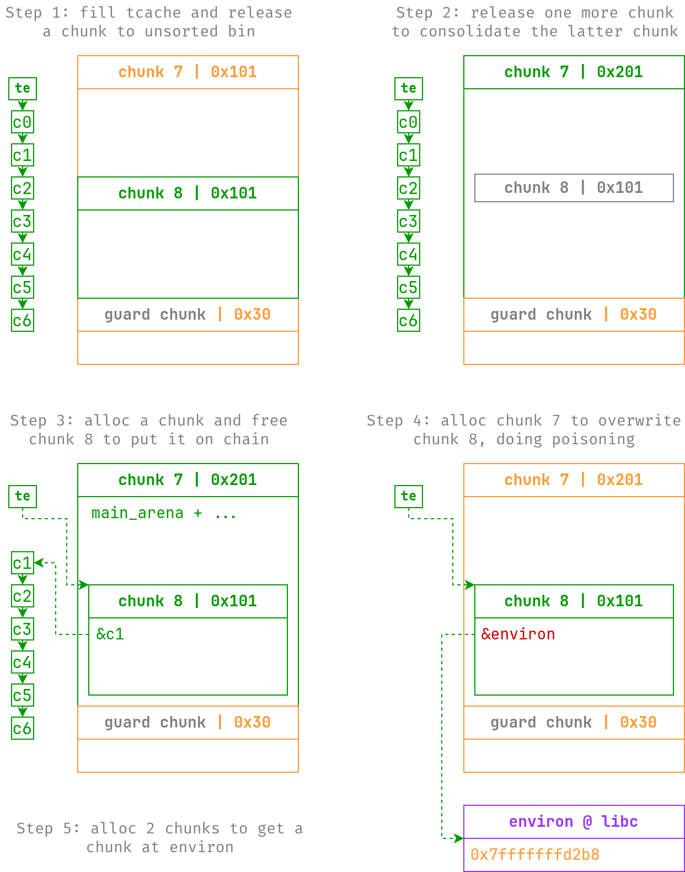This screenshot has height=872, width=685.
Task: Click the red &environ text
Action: point(518,634)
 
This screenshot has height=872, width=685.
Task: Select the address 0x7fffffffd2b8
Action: point(534,854)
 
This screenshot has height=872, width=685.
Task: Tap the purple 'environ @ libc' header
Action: point(574,821)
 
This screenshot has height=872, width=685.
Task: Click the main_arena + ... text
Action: point(164,513)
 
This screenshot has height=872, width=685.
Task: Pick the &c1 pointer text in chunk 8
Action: point(110,634)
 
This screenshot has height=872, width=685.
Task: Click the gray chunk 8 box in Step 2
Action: point(574,188)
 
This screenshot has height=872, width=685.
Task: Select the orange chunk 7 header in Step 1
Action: point(188,72)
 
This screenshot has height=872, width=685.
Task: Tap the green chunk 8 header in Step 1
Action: point(188,193)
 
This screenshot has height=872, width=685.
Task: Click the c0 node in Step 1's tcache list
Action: point(23,122)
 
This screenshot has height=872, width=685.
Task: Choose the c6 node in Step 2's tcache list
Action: point(409,320)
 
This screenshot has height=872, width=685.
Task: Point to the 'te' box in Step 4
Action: point(409,496)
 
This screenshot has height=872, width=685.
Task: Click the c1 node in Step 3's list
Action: point(23,563)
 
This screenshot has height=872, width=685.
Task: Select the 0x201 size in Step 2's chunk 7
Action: point(619,72)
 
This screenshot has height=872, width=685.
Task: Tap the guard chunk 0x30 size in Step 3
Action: point(252,722)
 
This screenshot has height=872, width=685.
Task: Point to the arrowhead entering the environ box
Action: point(458,838)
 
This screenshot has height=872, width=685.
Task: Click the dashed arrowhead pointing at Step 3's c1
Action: point(39,563)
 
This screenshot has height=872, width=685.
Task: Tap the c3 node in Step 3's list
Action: point(23,629)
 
